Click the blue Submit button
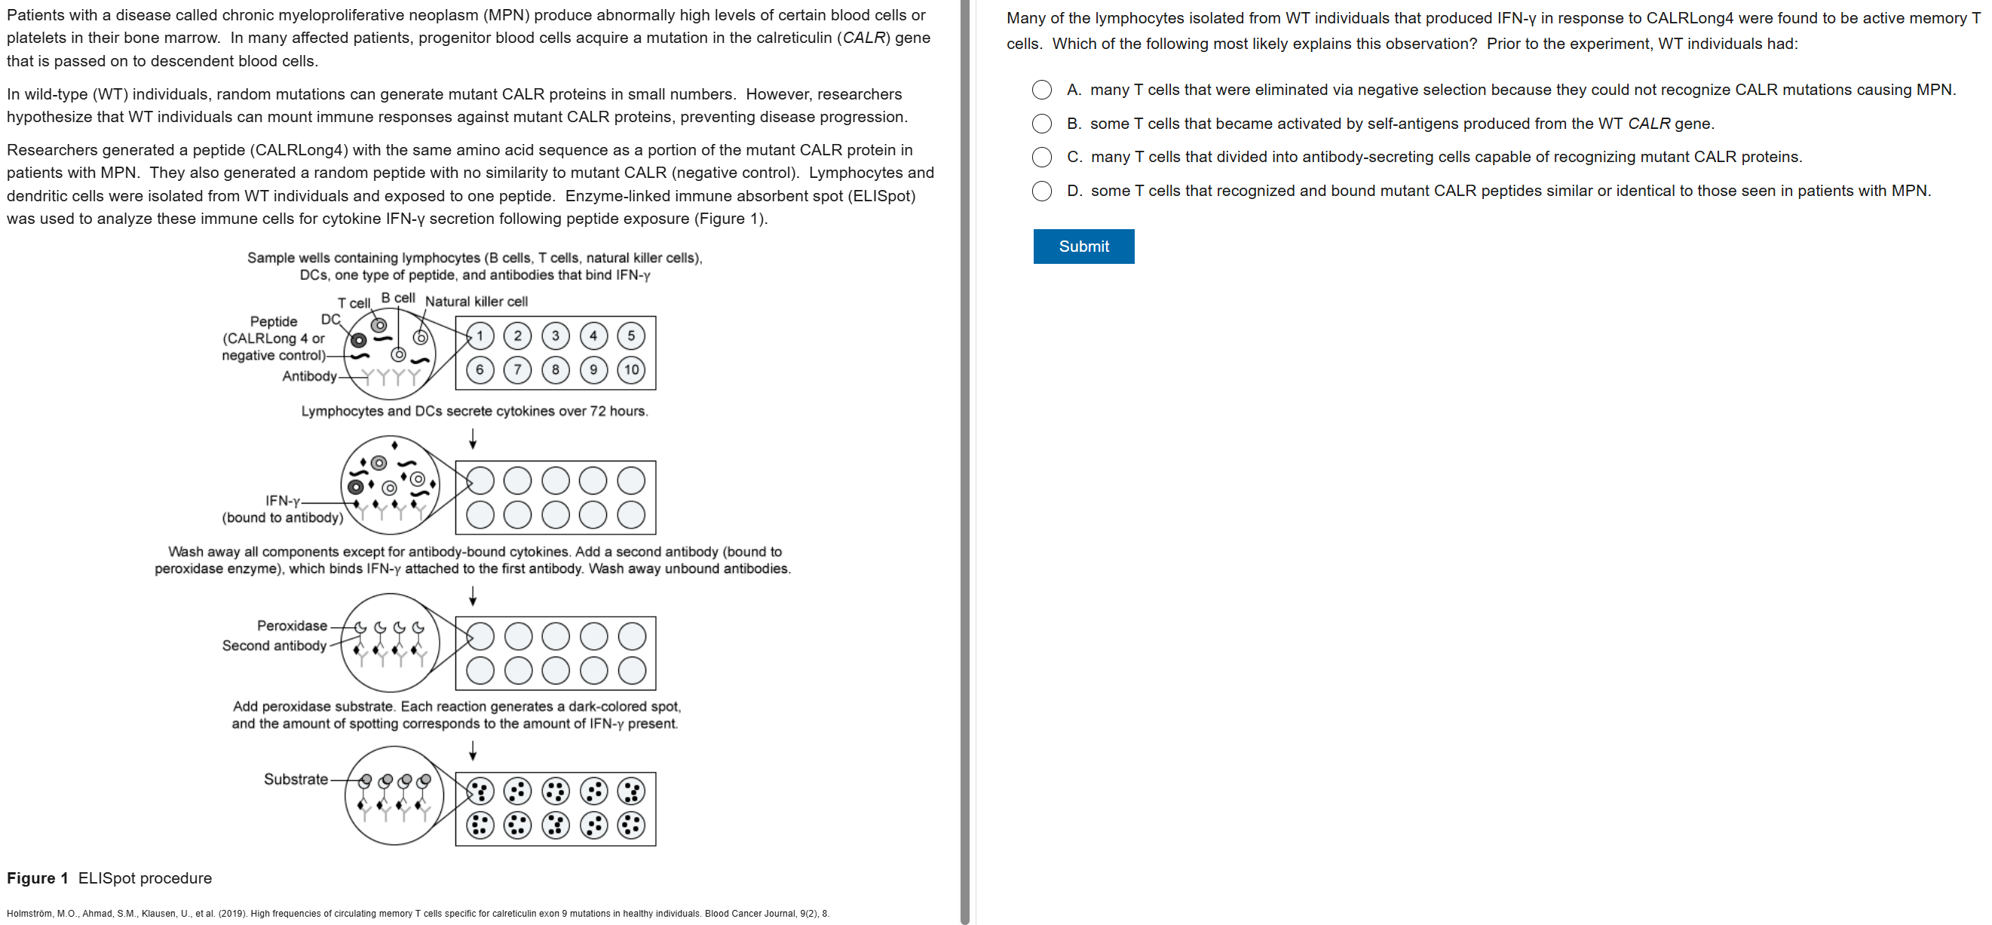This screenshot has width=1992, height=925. [x=1083, y=246]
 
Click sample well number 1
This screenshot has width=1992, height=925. [x=480, y=335]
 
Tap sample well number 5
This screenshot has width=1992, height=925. [x=631, y=335]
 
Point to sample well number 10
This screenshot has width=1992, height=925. [x=631, y=369]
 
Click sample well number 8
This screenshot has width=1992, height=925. [x=555, y=369]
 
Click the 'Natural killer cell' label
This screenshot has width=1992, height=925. [x=477, y=302]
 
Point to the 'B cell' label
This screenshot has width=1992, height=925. [x=398, y=298]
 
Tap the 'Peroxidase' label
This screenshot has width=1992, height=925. [x=292, y=626]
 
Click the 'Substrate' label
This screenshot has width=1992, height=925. [x=296, y=779]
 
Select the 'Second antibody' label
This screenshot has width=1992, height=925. [x=274, y=646]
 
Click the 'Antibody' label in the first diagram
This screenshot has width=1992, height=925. [x=309, y=376]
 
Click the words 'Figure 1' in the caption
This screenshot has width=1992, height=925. [x=37, y=878]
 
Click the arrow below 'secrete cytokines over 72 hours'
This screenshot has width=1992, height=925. [x=473, y=440]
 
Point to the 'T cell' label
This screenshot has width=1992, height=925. [x=354, y=303]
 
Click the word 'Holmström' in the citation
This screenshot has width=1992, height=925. [x=30, y=914]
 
